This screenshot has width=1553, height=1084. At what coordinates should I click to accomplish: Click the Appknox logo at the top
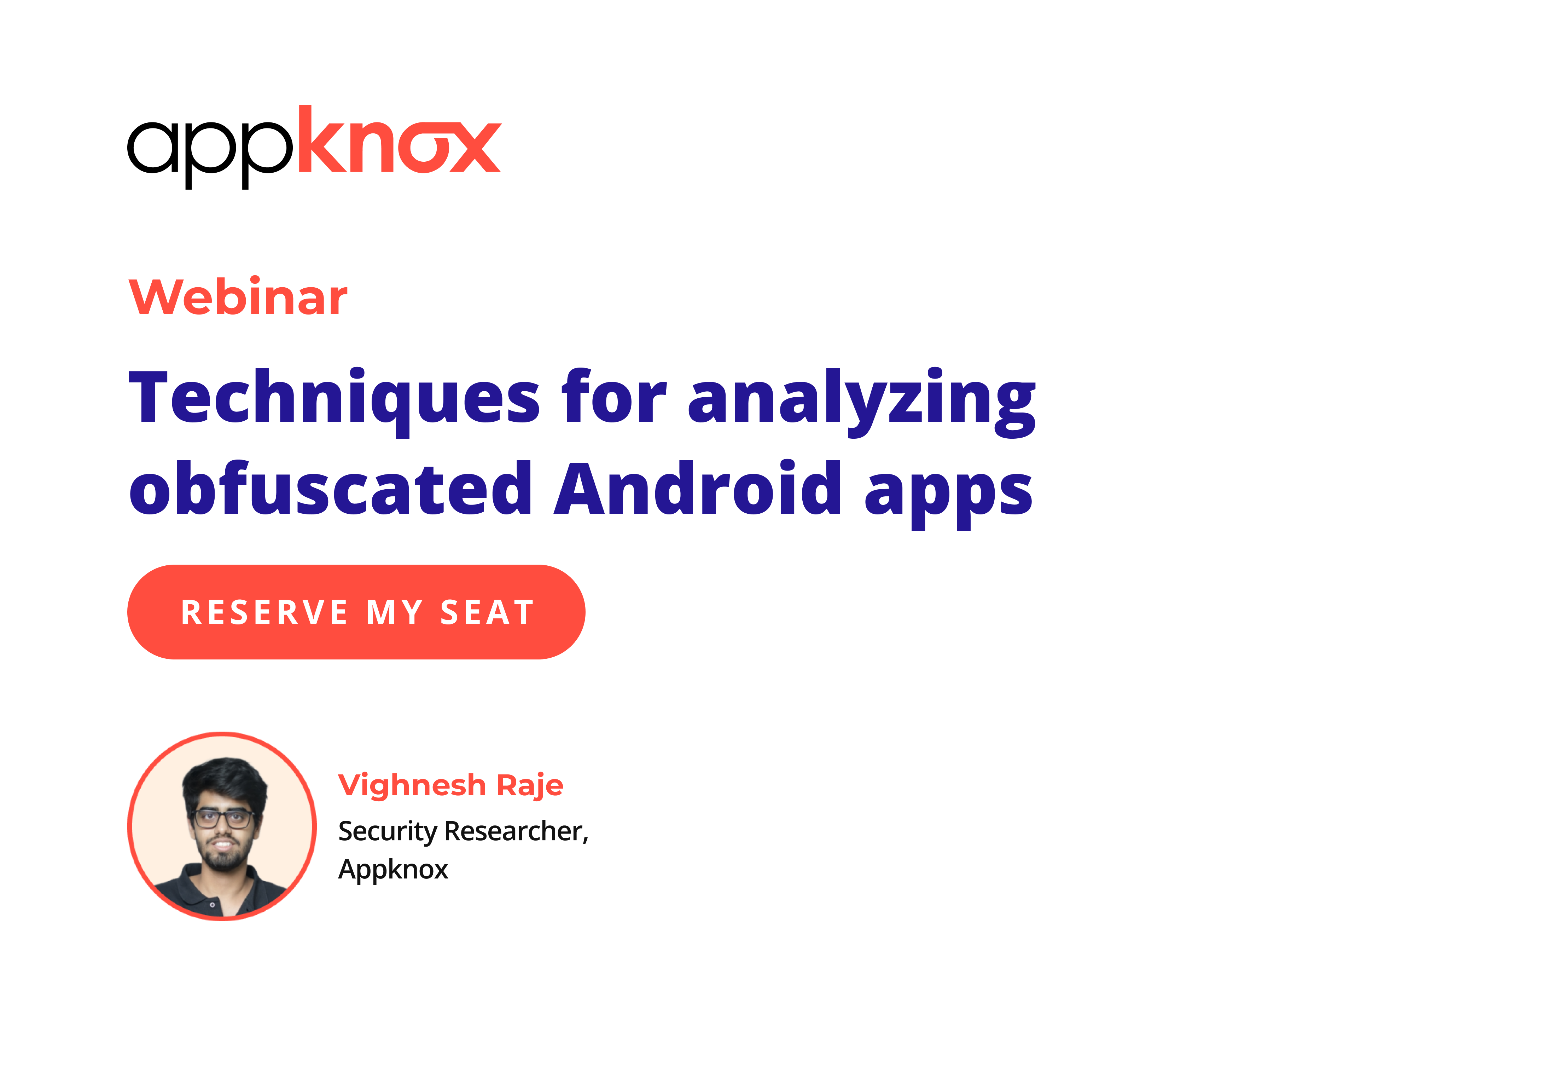pyautogui.click(x=314, y=146)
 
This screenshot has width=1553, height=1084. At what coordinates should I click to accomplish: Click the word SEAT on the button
pyautogui.click(x=487, y=612)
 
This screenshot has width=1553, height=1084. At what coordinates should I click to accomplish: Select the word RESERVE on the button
pyautogui.click(x=264, y=612)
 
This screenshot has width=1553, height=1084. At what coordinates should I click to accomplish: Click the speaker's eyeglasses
pyautogui.click(x=223, y=819)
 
